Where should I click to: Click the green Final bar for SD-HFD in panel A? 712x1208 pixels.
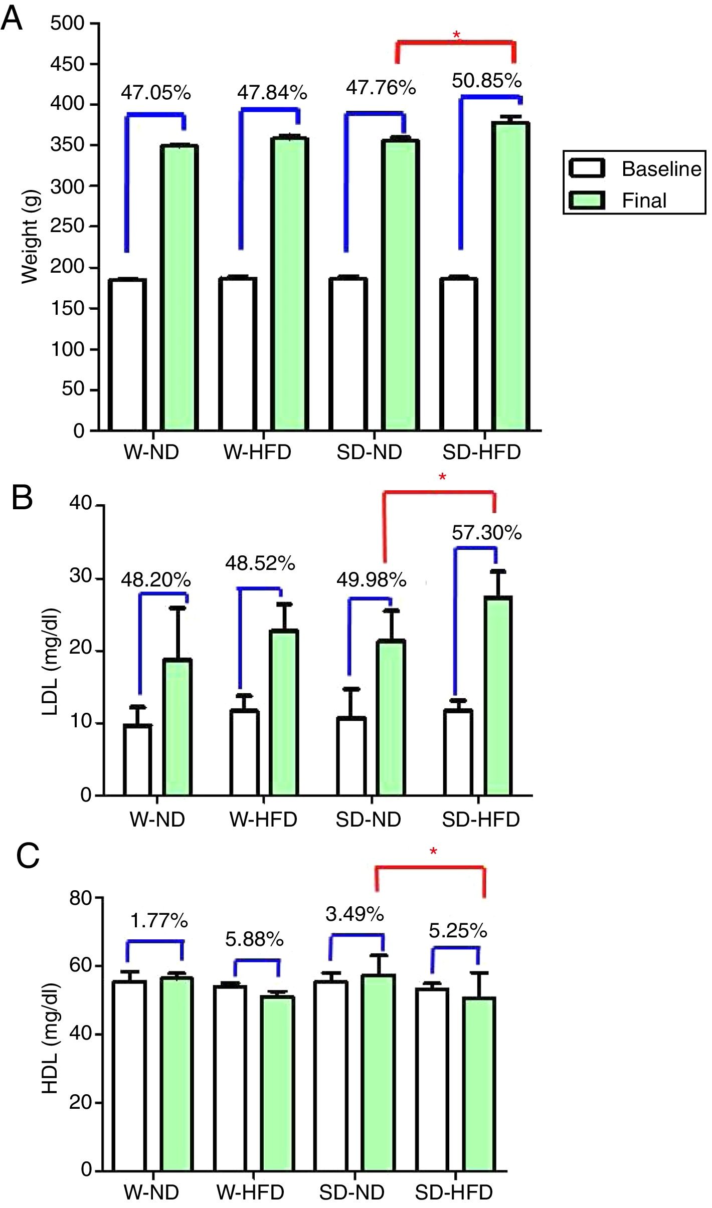pyautogui.click(x=510, y=276)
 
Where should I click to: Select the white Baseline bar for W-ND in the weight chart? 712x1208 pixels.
pyautogui.click(x=127, y=354)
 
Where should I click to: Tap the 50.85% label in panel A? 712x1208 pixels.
pyautogui.click(x=486, y=81)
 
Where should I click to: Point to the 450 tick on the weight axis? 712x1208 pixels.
pyautogui.click(x=67, y=64)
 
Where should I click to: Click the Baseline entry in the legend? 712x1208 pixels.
pyautogui.click(x=661, y=169)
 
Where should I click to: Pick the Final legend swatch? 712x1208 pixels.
pyautogui.click(x=586, y=200)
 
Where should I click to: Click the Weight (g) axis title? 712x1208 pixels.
pyautogui.click(x=30, y=237)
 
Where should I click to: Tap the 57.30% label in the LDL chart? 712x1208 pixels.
pyautogui.click(x=486, y=533)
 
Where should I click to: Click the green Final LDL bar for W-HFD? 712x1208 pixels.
pyautogui.click(x=284, y=712)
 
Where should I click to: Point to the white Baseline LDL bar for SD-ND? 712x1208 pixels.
pyautogui.click(x=351, y=756)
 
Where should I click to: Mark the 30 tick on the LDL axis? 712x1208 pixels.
pyautogui.click(x=80, y=577)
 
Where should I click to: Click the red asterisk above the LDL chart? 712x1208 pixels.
pyautogui.click(x=442, y=477)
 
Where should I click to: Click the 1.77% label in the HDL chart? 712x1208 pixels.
pyautogui.click(x=159, y=921)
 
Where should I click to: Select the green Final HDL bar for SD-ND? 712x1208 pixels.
pyautogui.click(x=379, y=1073)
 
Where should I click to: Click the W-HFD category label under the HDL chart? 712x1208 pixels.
pyautogui.click(x=250, y=1192)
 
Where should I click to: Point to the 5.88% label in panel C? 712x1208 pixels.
pyautogui.click(x=254, y=939)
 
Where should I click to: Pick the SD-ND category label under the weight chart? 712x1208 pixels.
pyautogui.click(x=369, y=453)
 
